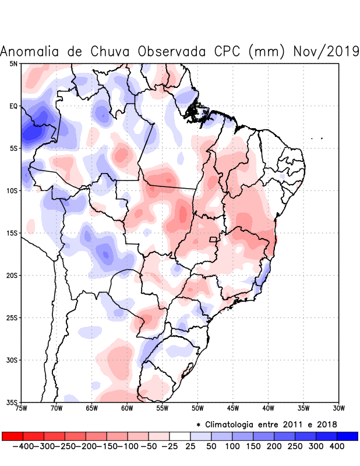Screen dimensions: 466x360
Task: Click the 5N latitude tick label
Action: [x=13, y=63]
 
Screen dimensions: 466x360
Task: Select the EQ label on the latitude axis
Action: [x=13, y=106]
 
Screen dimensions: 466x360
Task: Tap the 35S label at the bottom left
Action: [x=12, y=403]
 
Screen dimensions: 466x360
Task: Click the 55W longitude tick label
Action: [x=161, y=408]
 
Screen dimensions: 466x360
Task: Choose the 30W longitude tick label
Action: [x=338, y=408]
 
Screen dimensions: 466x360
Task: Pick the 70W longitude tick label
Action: [x=56, y=408]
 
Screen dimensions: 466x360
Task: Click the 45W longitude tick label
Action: [x=232, y=408]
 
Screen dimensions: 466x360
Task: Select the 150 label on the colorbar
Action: [x=253, y=446]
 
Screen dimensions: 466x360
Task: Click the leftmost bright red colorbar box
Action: [x=12, y=436]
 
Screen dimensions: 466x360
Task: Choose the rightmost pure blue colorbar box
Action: [x=347, y=436]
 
